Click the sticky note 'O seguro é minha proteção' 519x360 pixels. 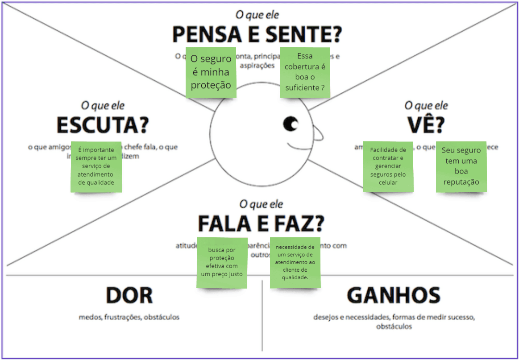(x=211, y=72)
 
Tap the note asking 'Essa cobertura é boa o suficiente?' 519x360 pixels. (x=305, y=72)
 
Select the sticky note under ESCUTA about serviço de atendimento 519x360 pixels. (x=96, y=166)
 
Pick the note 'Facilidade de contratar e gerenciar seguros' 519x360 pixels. (x=388, y=166)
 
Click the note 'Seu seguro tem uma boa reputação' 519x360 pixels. (x=461, y=166)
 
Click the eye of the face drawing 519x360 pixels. (x=291, y=124)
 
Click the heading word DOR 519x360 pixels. (x=129, y=296)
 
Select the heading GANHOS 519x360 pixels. (x=393, y=296)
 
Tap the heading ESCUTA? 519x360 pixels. (x=102, y=125)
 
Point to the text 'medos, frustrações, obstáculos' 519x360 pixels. (x=129, y=317)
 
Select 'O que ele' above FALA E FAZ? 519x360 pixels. (x=261, y=204)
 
